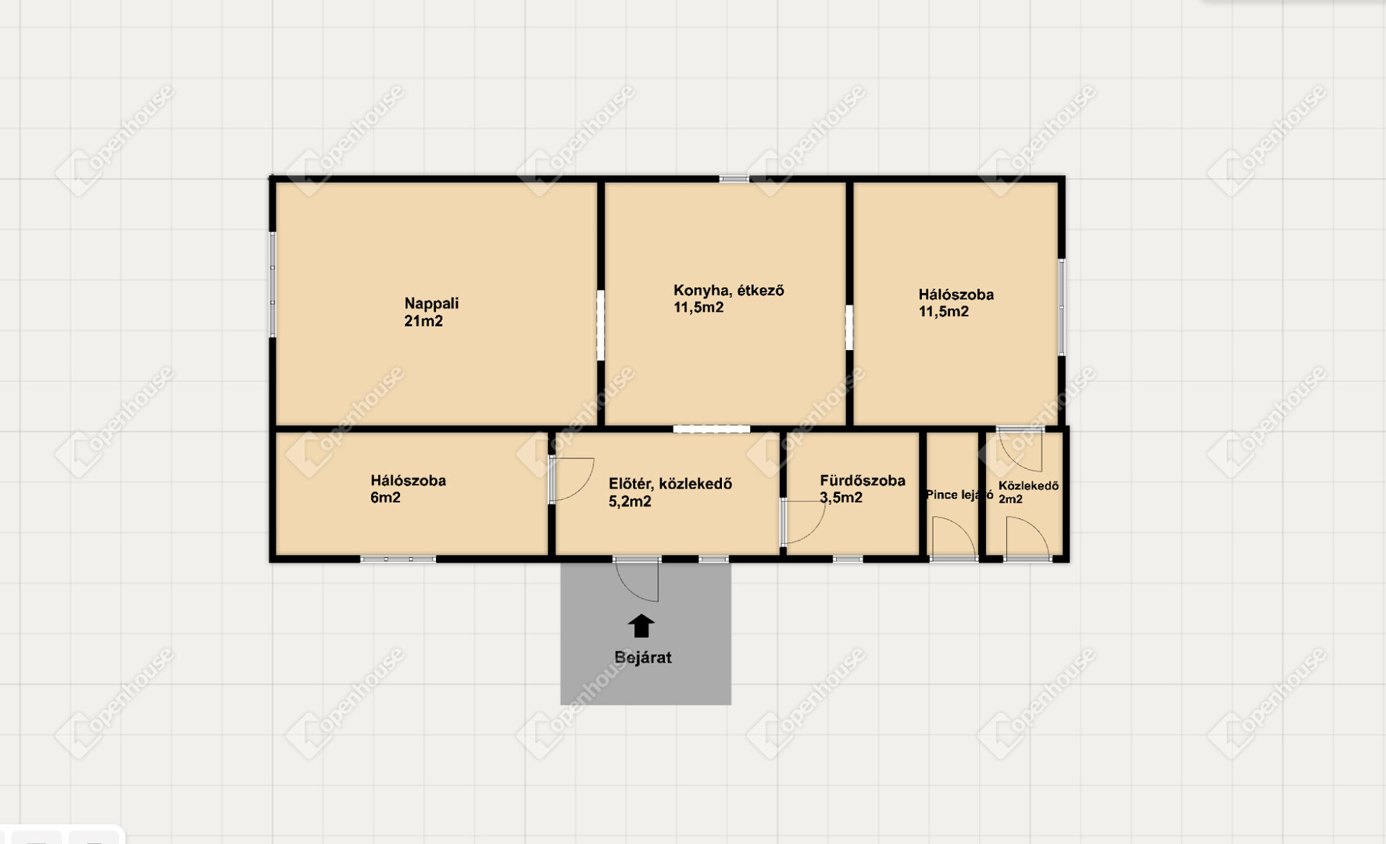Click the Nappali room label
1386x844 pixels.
click(431, 303)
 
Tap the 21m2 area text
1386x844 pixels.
click(423, 321)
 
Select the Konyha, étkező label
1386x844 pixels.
click(729, 291)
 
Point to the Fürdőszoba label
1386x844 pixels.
click(863, 481)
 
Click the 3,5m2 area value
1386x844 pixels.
click(841, 498)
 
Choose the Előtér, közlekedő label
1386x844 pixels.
click(670, 484)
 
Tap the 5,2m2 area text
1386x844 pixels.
click(630, 502)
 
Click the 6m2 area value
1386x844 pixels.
click(385, 498)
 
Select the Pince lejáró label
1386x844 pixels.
click(959, 495)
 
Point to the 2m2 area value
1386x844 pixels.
click(1010, 499)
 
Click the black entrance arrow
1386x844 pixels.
click(641, 625)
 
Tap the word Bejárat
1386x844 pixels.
click(643, 657)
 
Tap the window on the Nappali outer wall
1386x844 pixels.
click(273, 284)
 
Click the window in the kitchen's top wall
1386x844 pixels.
click(734, 179)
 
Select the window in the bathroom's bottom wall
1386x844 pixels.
click(848, 559)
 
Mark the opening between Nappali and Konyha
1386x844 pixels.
click(601, 325)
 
